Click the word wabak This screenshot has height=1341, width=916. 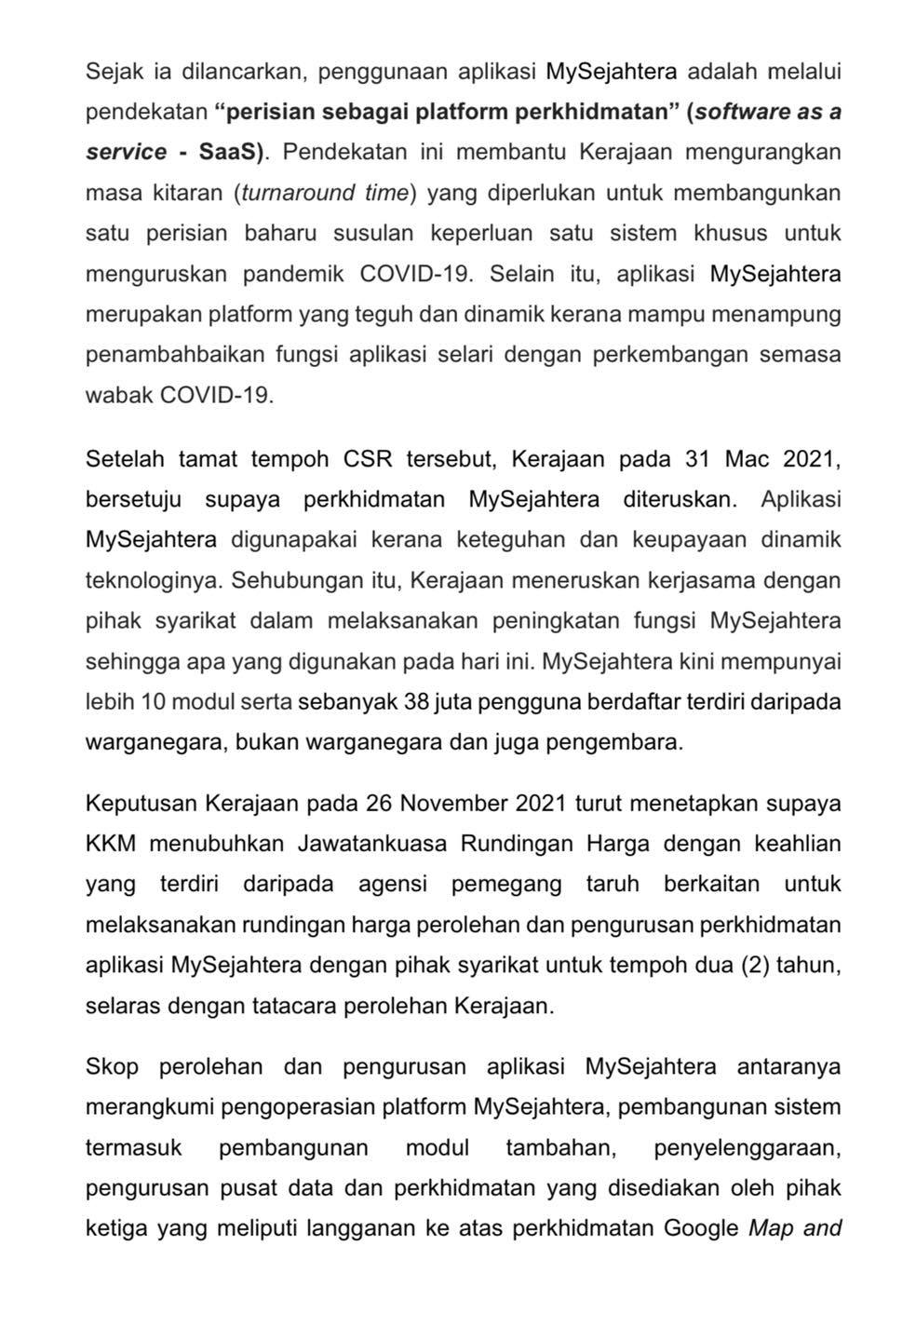[x=119, y=394]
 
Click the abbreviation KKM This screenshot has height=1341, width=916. [x=111, y=844]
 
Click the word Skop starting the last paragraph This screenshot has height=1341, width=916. [x=111, y=1067]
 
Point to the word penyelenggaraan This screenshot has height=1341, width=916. [x=748, y=1147]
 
